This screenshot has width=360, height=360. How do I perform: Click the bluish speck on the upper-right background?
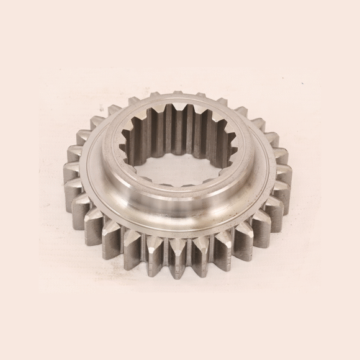click(303, 83)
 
